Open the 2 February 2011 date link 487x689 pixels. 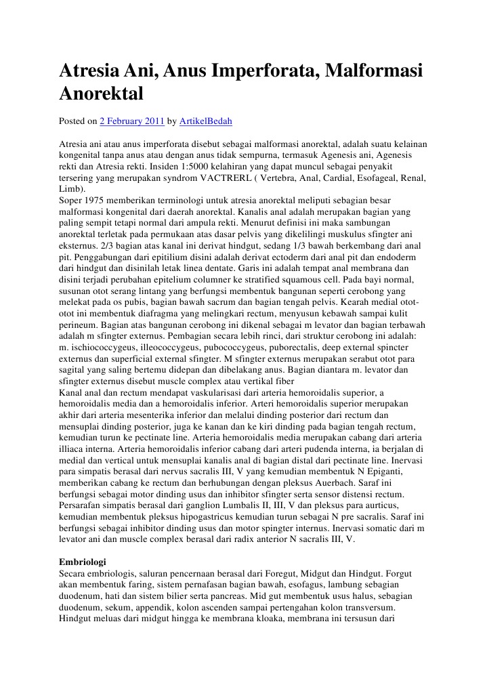(131, 122)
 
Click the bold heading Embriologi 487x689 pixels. (82, 562)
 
